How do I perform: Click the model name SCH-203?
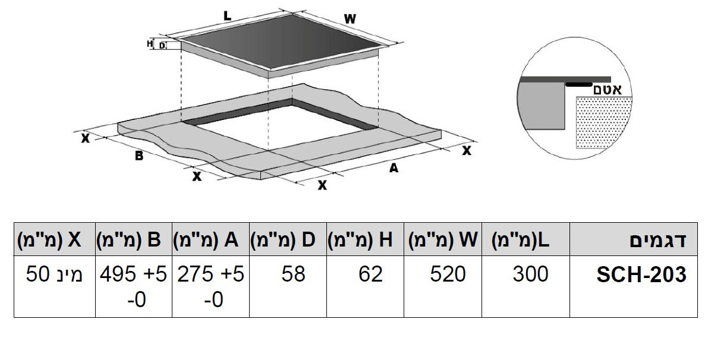tap(641, 274)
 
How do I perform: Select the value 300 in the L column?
tap(530, 274)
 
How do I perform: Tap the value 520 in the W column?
tap(449, 274)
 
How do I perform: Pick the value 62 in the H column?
tap(371, 274)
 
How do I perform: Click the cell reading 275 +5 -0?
tap(211, 286)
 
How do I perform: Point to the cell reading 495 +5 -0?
tap(134, 286)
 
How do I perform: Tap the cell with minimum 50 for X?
tap(55, 274)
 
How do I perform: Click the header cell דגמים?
tap(657, 241)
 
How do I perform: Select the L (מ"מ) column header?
tap(521, 241)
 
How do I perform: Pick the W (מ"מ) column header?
tap(443, 241)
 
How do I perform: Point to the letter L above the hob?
tap(228, 17)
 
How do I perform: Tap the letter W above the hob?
tap(350, 18)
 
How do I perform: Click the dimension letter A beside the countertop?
tap(393, 168)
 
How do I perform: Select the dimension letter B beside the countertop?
tap(139, 156)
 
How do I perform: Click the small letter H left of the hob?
tap(150, 43)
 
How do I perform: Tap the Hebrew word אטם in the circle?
tap(607, 90)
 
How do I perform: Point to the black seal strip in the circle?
tap(579, 84)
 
